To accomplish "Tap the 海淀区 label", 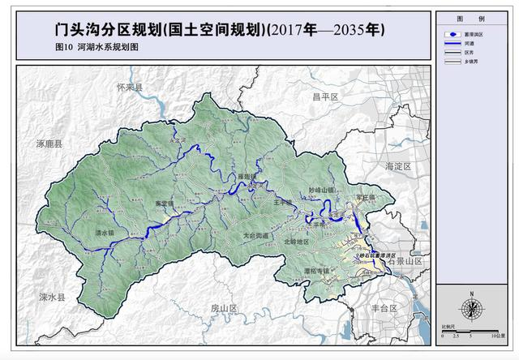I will [398, 166].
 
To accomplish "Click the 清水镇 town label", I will [106, 232].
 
